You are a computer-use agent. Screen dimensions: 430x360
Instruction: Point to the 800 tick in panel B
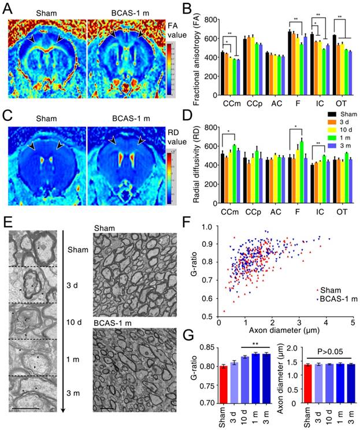coord(211,20)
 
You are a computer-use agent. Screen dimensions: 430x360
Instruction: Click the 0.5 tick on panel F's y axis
coord(207,317)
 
